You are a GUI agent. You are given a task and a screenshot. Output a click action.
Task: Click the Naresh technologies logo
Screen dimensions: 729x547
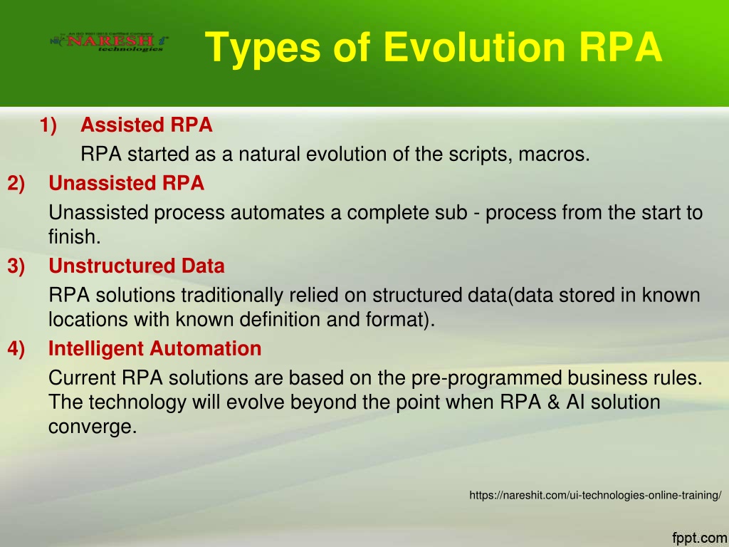coord(109,42)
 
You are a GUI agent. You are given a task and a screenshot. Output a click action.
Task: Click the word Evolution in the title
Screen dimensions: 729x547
coord(473,47)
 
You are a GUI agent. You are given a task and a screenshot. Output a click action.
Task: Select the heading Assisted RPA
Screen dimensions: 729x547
coord(147,125)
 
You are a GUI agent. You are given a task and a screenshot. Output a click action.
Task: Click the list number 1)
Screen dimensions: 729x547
coord(48,125)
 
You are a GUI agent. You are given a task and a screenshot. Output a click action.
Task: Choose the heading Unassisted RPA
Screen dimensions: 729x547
coord(127,183)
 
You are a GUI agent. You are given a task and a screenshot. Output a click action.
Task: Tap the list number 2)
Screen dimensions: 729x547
coord(16,184)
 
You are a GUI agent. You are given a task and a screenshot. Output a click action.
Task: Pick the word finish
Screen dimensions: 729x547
coord(75,236)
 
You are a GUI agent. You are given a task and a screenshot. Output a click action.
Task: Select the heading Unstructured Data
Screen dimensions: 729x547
coord(137,266)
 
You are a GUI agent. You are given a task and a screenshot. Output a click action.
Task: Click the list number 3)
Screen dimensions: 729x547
coord(16,266)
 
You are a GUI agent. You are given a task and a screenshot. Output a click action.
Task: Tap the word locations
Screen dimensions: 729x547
coord(88,320)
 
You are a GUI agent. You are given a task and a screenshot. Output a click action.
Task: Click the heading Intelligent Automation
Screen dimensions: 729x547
coord(154,349)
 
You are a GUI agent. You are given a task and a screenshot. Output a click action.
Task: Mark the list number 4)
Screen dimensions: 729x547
coord(16,349)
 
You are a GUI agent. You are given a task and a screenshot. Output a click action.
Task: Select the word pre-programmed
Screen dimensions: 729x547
coord(486,378)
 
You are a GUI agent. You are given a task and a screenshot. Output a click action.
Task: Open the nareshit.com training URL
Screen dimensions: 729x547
coord(596,496)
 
